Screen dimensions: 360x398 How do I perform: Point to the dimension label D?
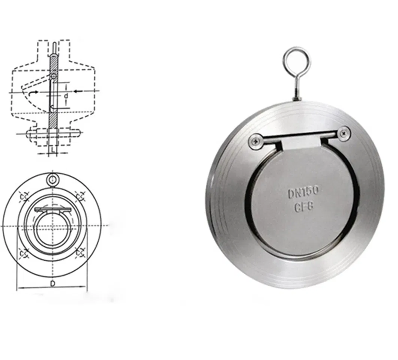[53, 283]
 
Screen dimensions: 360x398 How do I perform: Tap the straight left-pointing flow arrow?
[78, 91]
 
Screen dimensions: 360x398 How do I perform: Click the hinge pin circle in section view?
[55, 77]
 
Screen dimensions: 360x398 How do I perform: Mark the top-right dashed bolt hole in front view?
[80, 195]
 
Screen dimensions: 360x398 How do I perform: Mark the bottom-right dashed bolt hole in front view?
[80, 253]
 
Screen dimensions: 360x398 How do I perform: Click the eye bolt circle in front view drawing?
[53, 180]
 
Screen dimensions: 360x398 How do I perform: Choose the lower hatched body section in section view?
[53, 119]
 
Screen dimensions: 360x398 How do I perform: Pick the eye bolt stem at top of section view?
[55, 47]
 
